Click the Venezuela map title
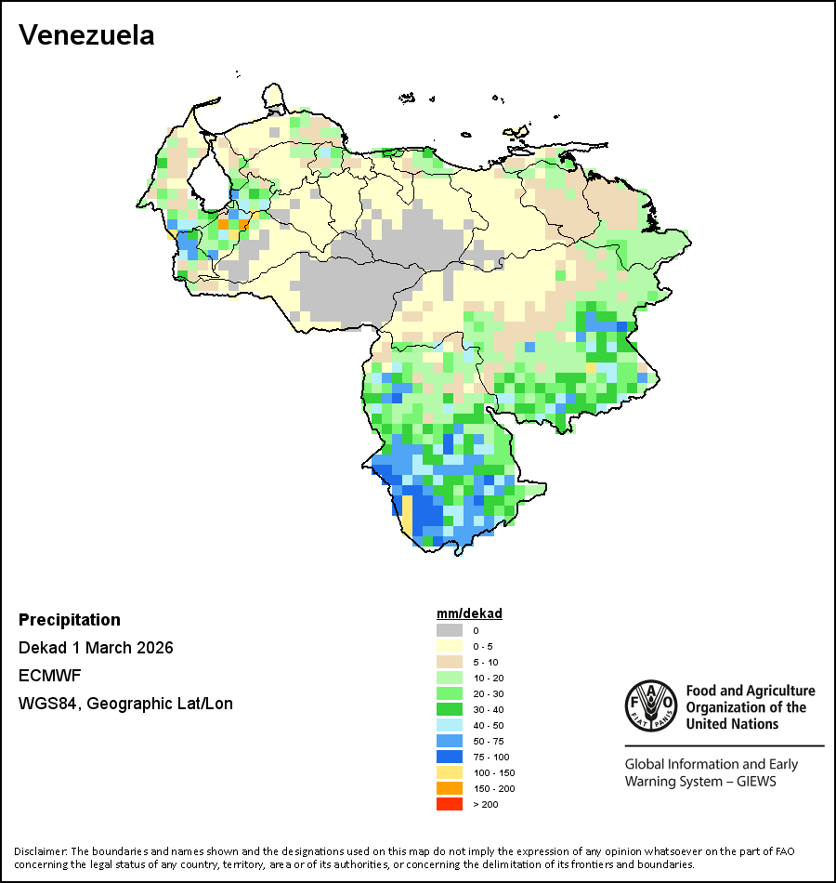(x=86, y=35)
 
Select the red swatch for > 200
(x=450, y=804)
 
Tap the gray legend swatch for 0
(x=450, y=630)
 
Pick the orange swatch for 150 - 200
(x=450, y=788)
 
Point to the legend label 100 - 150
(x=492, y=772)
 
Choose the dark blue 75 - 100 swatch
(x=450, y=757)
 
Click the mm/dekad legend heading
(x=469, y=613)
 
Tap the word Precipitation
(x=70, y=620)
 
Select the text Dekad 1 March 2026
(x=96, y=648)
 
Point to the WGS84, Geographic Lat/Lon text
(x=125, y=704)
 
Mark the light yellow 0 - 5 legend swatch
(x=450, y=646)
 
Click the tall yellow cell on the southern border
(x=406, y=514)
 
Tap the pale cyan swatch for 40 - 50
(x=450, y=725)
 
